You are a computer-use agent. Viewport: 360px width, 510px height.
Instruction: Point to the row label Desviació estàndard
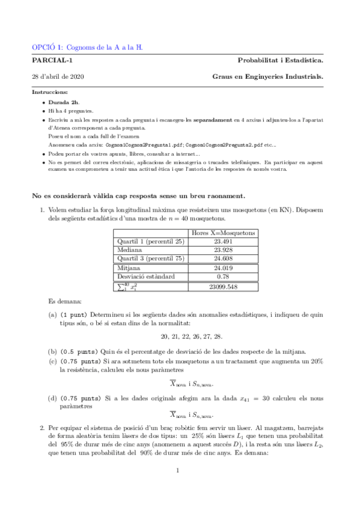coord(147,277)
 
